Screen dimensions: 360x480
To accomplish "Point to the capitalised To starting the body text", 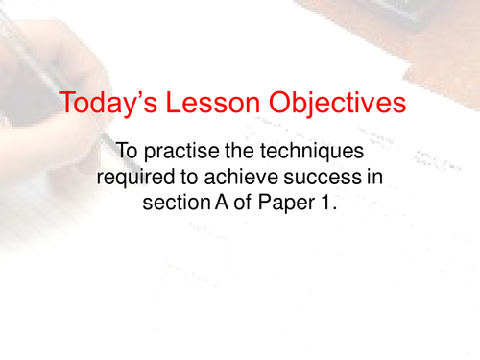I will pyautogui.click(x=127, y=151).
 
